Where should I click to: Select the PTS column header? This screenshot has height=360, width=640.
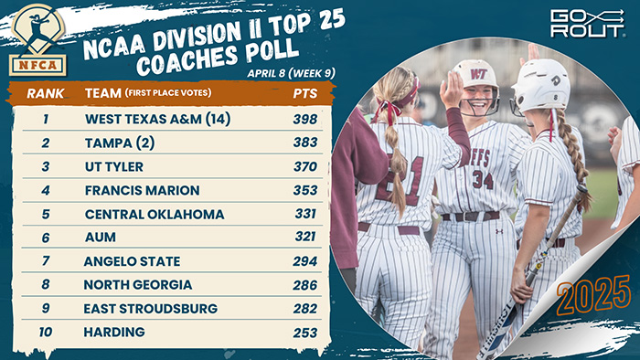[304, 93]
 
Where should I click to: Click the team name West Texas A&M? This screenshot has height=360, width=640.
[156, 119]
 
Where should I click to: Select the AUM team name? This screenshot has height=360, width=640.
[100, 238]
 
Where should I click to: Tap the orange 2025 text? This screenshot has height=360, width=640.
[592, 294]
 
